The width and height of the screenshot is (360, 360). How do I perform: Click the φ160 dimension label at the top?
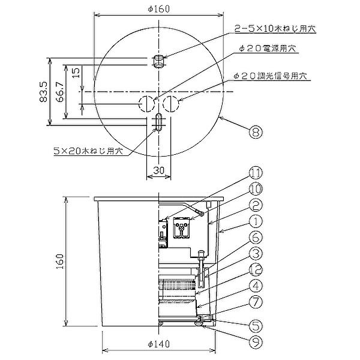(x=158, y=9)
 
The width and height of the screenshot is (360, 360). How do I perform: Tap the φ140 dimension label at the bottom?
(x=158, y=344)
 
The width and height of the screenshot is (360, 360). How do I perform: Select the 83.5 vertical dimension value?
(x=43, y=92)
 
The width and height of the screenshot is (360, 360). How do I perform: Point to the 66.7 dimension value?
(x=59, y=92)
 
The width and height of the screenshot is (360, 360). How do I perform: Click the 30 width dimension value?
(x=159, y=170)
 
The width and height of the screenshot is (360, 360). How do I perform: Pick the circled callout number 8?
(x=256, y=132)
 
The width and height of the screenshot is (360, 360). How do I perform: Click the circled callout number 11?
(x=256, y=173)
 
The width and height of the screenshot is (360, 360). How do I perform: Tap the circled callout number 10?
(x=256, y=189)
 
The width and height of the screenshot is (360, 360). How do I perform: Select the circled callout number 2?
(x=256, y=205)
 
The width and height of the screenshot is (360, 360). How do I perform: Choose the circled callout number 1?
(x=256, y=221)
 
